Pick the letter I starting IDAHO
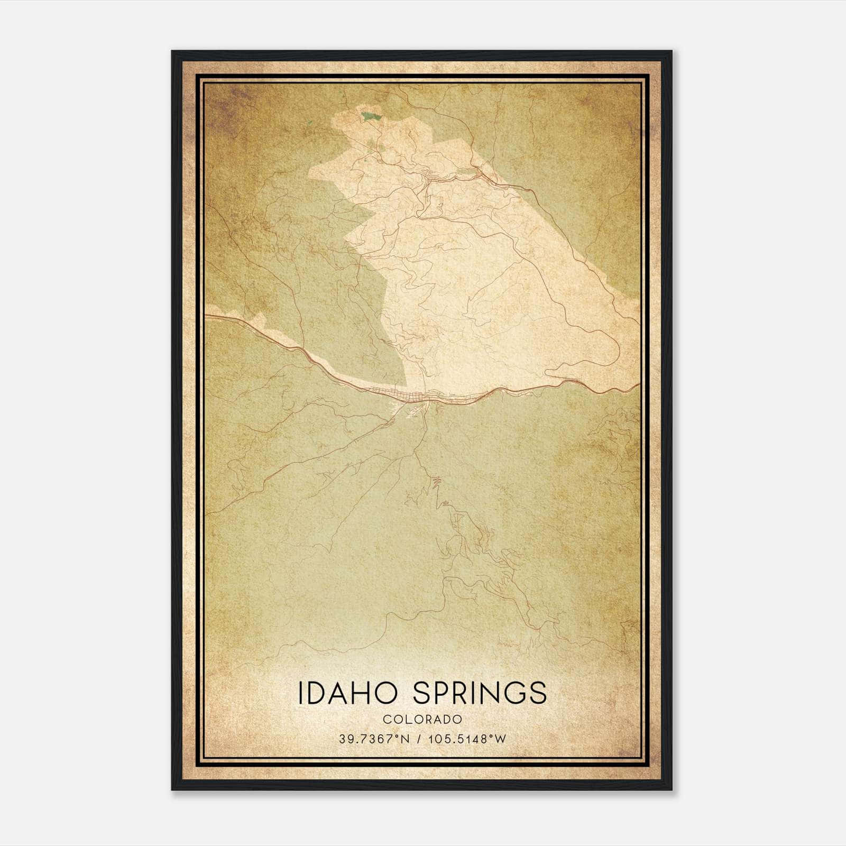(x=301, y=693)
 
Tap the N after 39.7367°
(x=404, y=739)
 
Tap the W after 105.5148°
(x=501, y=739)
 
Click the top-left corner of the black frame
(x=173, y=52)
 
